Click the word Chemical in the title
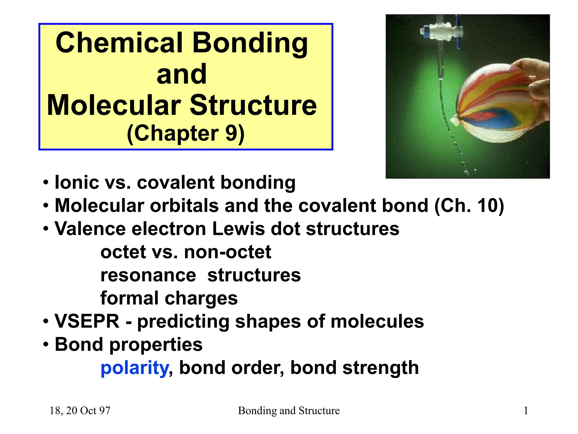point(119,43)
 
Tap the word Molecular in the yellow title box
point(114,105)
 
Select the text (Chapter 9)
point(185,133)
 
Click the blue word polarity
point(134,368)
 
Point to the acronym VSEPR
point(87,322)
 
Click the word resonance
point(148,275)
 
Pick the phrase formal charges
point(169,298)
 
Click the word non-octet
point(227,252)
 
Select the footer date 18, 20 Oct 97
point(80,411)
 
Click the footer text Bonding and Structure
point(289,411)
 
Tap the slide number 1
point(526,411)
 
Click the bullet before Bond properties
point(46,345)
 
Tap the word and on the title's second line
point(182,74)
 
